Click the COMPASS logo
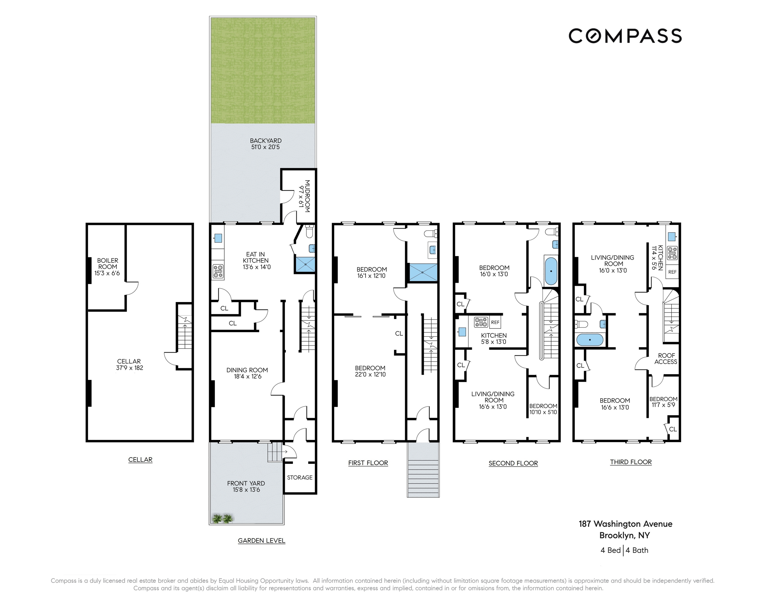[625, 36]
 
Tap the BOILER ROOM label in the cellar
[107, 267]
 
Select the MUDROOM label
[304, 196]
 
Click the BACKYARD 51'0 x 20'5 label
[266, 144]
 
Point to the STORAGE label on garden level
[300, 477]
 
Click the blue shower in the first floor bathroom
[423, 272]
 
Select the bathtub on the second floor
[551, 271]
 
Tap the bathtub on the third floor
[590, 339]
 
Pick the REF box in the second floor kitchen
[495, 322]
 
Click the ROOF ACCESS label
[666, 358]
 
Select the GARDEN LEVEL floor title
[261, 540]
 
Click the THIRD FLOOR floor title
[631, 462]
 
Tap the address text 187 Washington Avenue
[625, 524]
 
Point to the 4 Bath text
[637, 550]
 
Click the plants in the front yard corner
[222, 518]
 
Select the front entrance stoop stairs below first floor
[423, 470]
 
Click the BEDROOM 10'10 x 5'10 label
[543, 409]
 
